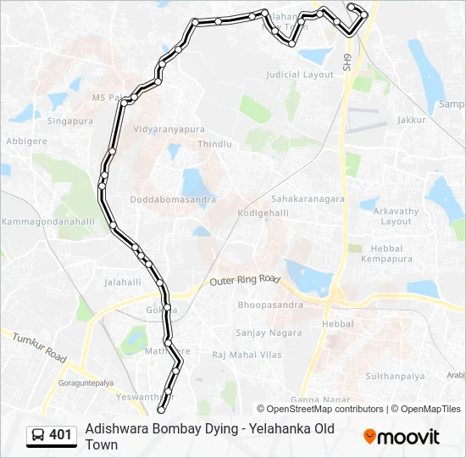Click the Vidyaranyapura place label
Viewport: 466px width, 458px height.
coord(169,130)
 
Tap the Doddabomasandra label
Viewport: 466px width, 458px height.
coord(173,200)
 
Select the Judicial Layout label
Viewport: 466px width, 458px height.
coord(300,75)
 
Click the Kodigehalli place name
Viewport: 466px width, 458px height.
coord(264,212)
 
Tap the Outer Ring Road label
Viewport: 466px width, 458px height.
coord(245,280)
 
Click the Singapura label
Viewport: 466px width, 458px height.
coord(69,121)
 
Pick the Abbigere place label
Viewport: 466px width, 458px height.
coord(27,141)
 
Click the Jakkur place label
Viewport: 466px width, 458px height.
coord(411,120)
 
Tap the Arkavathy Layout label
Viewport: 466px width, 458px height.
coord(397,215)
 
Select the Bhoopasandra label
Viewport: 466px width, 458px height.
coord(270,304)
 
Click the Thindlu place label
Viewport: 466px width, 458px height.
coord(214,144)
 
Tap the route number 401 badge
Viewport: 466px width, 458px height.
coord(52,435)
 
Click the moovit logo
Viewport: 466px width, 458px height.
coord(402,437)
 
